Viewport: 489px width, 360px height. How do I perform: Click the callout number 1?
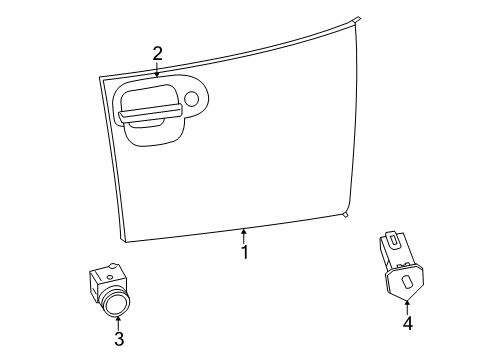(x=243, y=253)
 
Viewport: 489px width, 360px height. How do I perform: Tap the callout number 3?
(x=118, y=339)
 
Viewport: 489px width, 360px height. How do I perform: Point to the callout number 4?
(x=407, y=323)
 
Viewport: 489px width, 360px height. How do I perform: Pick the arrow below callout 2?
(x=157, y=69)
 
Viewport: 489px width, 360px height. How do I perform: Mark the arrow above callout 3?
(x=118, y=321)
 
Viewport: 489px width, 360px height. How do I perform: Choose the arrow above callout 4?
(x=407, y=305)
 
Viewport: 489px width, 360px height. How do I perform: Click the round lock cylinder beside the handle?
(x=192, y=98)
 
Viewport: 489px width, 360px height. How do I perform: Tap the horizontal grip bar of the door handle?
(x=149, y=116)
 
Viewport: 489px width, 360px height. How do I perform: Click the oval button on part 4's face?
(x=406, y=282)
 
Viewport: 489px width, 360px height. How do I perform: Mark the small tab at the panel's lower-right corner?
(x=345, y=214)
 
